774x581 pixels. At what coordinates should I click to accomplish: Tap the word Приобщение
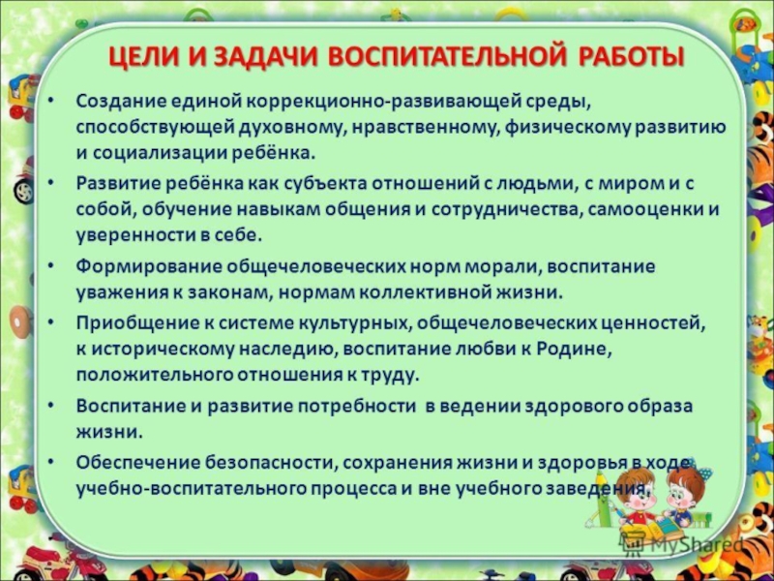click(x=135, y=323)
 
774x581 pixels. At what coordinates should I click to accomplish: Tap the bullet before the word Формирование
click(x=51, y=266)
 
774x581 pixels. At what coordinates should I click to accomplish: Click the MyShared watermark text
click(x=696, y=545)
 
